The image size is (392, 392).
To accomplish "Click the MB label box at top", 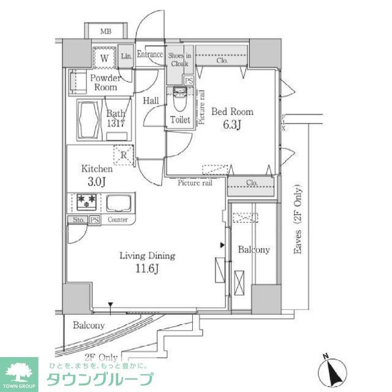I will (x=106, y=30).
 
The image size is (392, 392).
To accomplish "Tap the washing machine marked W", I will (x=105, y=58).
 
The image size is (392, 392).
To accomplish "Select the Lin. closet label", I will (x=127, y=56).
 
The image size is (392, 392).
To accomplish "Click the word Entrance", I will (x=150, y=54).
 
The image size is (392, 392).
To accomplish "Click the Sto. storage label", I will (x=77, y=219).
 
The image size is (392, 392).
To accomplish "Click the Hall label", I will (x=151, y=100).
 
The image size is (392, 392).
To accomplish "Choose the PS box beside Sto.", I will (x=94, y=219).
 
